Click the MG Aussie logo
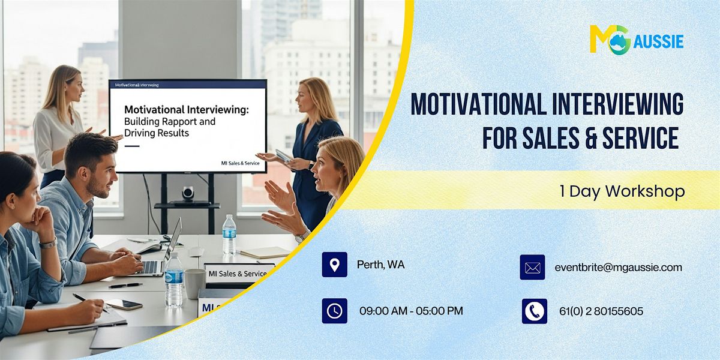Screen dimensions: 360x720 pos(636,40)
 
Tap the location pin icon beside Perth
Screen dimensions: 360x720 pos(334,265)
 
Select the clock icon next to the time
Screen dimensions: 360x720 pos(334,311)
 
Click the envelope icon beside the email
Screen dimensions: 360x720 pos(532,268)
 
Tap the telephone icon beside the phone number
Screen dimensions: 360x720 pos(534,311)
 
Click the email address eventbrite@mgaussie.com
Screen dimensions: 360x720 pos(618,268)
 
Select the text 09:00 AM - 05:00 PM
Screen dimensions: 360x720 pos(411,311)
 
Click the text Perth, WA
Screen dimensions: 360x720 pos(380,265)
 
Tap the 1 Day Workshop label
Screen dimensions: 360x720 pos(622,191)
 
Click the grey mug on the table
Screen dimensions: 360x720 pos(194,284)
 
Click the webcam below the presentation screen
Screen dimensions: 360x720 pos(188,193)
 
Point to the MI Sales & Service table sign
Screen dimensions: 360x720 pos(238,273)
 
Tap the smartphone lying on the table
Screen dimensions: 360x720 pos(124,304)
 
